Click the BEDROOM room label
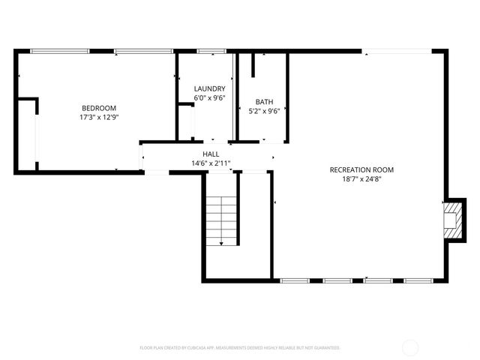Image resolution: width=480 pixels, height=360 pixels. coord(99,107)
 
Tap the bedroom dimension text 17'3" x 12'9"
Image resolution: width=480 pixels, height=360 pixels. coord(99,117)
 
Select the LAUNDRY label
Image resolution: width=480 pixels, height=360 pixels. coord(209,88)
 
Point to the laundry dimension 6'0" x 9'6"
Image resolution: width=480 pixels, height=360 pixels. coord(209,97)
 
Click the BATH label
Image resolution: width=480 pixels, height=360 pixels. coord(264,102)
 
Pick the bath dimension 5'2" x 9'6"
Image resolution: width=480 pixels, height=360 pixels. coord(264,112)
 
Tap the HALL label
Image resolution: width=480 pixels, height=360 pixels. coord(210,154)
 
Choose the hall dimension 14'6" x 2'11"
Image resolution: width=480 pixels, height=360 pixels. coord(210,163)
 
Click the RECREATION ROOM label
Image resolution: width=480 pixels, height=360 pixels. coord(361,169)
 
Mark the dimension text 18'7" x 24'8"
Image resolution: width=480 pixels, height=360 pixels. coord(361,179)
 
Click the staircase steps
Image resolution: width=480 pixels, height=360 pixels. coord(221,217)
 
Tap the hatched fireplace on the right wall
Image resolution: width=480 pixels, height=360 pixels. coord(454,220)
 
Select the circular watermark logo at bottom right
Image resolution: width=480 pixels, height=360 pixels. coord(411,347)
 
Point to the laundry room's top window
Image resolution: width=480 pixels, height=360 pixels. coord(211,51)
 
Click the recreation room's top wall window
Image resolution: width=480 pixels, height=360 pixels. coord(397,51)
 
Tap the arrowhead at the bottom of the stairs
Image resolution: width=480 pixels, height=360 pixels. coord(221,242)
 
